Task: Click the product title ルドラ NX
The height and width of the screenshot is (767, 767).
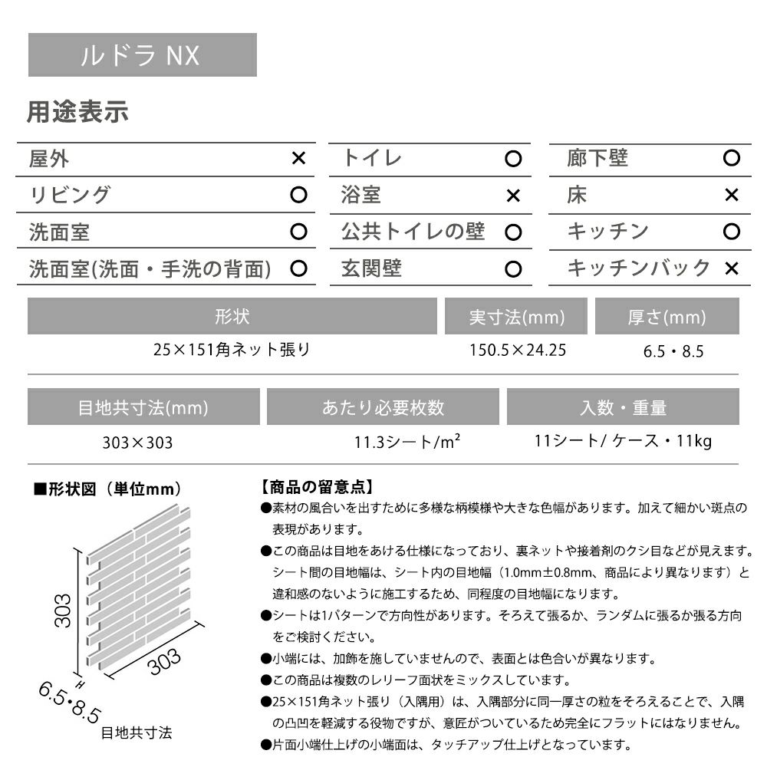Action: [141, 55]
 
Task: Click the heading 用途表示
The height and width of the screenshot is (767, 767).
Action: [77, 113]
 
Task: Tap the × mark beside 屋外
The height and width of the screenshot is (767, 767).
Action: [299, 159]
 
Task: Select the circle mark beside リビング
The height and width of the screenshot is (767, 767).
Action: [299, 195]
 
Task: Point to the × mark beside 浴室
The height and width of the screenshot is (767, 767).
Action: [513, 196]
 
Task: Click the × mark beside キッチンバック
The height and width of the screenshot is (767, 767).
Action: [732, 268]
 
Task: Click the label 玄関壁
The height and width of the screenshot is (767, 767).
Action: [371, 268]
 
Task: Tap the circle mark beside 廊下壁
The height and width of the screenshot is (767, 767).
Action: [732, 159]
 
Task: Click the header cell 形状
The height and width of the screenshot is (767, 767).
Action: [232, 317]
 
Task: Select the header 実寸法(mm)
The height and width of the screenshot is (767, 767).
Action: [516, 317]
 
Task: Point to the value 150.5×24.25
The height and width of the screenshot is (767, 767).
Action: [518, 351]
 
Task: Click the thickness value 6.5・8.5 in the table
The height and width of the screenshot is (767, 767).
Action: [673, 352]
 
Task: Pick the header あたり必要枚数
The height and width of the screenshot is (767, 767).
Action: [383, 407]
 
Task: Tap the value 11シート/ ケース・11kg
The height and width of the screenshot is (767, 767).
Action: [623, 441]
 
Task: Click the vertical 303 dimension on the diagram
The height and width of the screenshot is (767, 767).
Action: [64, 611]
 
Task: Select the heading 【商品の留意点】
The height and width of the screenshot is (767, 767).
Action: [317, 486]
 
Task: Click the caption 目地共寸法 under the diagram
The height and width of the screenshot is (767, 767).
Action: [137, 732]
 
